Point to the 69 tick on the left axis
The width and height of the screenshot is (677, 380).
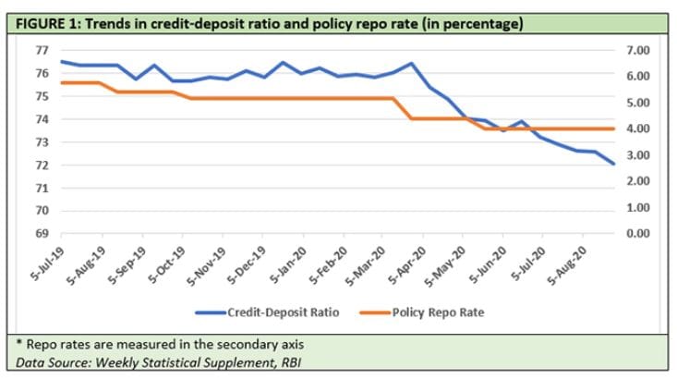pyautogui.click(x=42, y=233)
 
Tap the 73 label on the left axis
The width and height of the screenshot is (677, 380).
pyautogui.click(x=42, y=142)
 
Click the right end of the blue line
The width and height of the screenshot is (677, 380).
pyautogui.click(x=613, y=164)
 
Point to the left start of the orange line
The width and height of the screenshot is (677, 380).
pyautogui.click(x=61, y=82)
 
